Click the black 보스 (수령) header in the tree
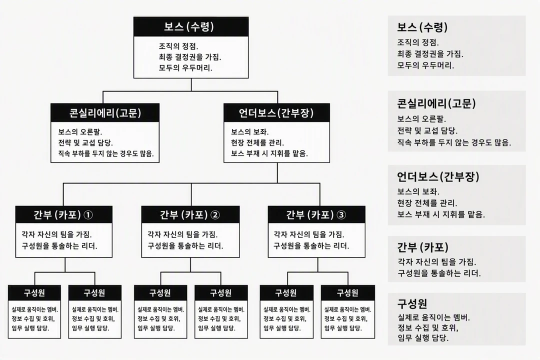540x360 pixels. tap(191, 26)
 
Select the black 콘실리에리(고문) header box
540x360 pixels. tap(105, 112)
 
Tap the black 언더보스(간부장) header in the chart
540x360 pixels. tap(276, 112)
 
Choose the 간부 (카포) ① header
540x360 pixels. tap(63, 214)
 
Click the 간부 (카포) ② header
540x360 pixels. tap(190, 214)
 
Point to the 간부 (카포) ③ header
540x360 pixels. tap(316, 214)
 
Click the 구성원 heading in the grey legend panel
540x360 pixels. tap(412, 303)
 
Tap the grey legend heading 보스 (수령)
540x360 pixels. tap(422, 27)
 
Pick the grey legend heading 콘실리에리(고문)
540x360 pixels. tap(436, 103)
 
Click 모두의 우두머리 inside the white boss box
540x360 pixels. tap(185, 68)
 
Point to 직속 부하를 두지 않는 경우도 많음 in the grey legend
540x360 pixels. tap(454, 142)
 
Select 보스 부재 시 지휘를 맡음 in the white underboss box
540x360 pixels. tap(269, 153)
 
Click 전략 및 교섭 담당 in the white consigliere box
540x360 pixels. tap(85, 142)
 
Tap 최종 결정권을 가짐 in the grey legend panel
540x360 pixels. tap(430, 54)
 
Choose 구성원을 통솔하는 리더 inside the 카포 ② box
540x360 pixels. tap(185, 246)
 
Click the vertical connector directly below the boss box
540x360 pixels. tap(191, 84)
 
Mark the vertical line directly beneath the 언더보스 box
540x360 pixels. tap(277, 173)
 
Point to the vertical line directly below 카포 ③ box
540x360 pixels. tap(317, 265)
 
